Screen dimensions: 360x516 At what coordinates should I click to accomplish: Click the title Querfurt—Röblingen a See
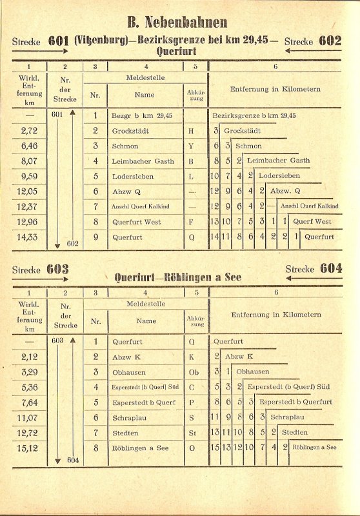(x=178, y=277)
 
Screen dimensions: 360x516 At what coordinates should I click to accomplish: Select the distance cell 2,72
(x=29, y=131)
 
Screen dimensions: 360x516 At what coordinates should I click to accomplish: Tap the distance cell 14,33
(x=29, y=237)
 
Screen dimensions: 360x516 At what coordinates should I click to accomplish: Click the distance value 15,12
(x=29, y=447)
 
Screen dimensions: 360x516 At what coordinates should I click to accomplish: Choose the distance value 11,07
(x=29, y=417)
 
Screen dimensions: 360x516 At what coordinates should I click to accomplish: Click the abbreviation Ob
(x=192, y=372)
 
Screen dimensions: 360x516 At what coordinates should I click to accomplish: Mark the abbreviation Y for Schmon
(x=192, y=146)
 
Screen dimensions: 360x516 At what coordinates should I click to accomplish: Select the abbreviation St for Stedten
(x=192, y=432)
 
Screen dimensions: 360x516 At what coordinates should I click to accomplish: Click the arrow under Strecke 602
(x=314, y=50)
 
